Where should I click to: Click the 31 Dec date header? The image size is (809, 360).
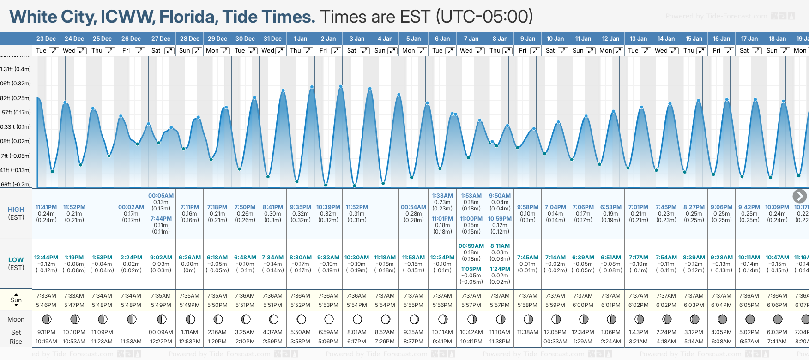pos(273,39)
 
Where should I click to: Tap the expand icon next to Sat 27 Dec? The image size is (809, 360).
pos(169,51)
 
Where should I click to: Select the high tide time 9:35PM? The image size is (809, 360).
pos(301,207)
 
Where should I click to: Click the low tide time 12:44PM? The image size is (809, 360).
pos(46,258)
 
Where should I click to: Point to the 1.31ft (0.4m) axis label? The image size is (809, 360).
pos(16,69)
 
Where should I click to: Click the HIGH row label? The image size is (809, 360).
pos(16,210)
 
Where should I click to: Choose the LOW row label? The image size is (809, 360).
pos(16,260)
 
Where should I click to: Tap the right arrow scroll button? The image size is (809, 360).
pos(799,196)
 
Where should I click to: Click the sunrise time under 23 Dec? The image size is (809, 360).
pos(46,296)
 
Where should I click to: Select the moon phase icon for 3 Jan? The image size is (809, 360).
pos(357,319)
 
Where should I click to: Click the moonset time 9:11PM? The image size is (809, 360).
pos(46,332)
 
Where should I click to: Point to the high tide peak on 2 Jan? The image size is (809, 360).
pos(341,86)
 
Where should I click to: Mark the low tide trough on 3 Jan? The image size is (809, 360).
pos(355,186)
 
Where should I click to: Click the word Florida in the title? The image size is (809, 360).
pos(188,17)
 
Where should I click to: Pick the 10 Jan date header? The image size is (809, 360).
pos(555,39)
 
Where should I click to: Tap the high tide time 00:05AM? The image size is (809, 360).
pos(161,196)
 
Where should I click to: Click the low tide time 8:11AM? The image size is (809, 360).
pos(500,246)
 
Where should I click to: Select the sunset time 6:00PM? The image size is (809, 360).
pos(583,305)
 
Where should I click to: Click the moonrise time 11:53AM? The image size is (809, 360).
pos(131,342)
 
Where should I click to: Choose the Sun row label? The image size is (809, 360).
pos(16,300)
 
